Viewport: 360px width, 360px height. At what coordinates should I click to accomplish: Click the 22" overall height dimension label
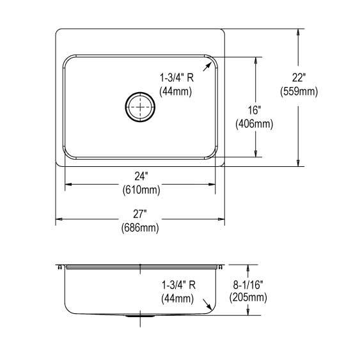click(x=299, y=78)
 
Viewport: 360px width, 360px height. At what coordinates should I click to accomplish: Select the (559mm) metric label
click(x=299, y=91)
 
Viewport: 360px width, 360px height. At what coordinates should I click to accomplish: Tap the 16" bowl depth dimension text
click(x=254, y=111)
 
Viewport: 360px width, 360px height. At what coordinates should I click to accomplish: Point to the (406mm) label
click(x=254, y=124)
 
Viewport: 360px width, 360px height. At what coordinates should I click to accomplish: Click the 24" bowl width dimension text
click(x=141, y=176)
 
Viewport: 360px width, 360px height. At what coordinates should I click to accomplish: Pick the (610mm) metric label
click(x=141, y=190)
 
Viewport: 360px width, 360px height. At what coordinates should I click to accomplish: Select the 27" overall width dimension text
click(x=140, y=214)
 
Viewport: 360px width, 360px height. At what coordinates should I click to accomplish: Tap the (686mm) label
click(x=140, y=228)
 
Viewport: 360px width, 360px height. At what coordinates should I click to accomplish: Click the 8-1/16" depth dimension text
click(x=248, y=285)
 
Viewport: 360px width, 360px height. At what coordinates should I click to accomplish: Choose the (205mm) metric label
click(x=248, y=298)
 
